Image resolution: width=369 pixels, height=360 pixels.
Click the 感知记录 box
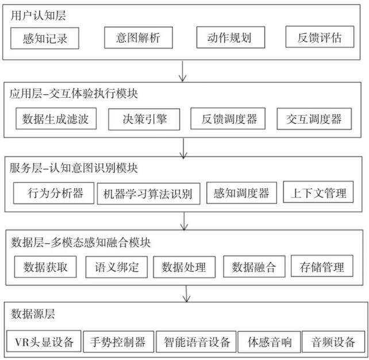coord(45,38)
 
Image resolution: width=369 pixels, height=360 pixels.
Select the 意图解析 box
coord(139,38)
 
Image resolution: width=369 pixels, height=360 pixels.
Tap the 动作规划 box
coord(230,37)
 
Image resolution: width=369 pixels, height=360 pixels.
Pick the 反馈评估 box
coord(320,37)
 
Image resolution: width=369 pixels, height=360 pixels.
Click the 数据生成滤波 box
coord(56,118)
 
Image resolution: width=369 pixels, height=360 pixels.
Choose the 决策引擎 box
coord(144,120)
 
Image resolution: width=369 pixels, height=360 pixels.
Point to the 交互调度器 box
coord(314,119)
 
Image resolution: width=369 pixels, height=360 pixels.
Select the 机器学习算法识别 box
coord(149,194)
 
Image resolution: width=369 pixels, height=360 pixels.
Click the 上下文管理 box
coord(318,192)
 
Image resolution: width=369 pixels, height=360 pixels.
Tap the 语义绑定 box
coord(117,267)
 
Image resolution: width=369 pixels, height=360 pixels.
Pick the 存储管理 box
coord(322,266)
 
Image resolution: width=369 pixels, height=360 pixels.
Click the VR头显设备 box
coord(44,341)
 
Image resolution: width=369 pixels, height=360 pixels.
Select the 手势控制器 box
coord(118,342)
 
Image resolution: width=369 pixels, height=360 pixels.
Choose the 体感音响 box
coord(269,342)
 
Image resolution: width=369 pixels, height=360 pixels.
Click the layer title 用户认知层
coord(38,16)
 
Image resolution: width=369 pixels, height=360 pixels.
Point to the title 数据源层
coord(33,314)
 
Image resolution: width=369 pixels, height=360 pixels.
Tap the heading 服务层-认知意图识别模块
coord(74,168)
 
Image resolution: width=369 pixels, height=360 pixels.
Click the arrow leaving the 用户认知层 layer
coord(183,71)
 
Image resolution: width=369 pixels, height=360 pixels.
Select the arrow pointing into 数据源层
coord(186,294)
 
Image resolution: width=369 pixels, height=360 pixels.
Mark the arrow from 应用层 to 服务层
coord(183,148)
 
